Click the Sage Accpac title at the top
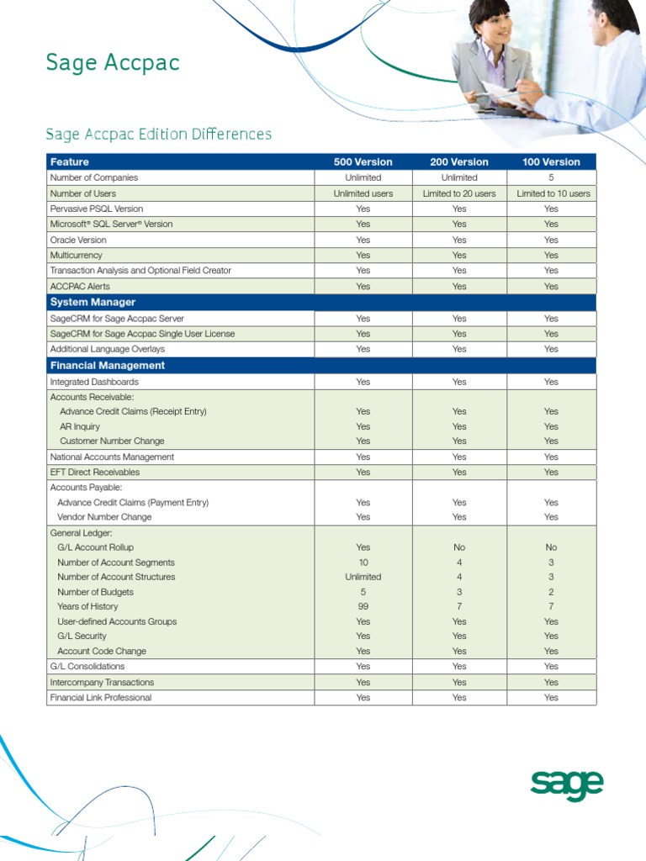[x=112, y=63]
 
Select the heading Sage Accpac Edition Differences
[x=158, y=134]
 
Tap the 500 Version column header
[x=363, y=161]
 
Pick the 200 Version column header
[x=458, y=161]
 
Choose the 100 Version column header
[x=551, y=161]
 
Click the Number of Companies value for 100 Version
[x=551, y=177]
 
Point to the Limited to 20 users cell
[x=458, y=193]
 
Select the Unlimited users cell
[x=363, y=193]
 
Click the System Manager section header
[x=93, y=302]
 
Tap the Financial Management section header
[x=107, y=366]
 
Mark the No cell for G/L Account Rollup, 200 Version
[x=458, y=547]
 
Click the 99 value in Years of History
[x=363, y=606]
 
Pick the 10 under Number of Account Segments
[x=363, y=563]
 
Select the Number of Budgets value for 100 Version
[x=551, y=592]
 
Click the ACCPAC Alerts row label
[x=80, y=287]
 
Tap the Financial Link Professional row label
[x=101, y=698]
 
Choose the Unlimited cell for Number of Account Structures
[x=363, y=577]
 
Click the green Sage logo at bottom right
[x=566, y=785]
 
